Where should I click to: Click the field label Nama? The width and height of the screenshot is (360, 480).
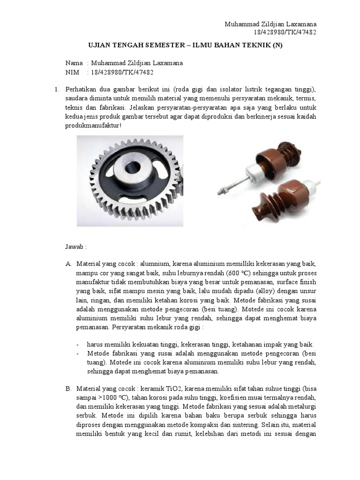pyautogui.click(x=74, y=63)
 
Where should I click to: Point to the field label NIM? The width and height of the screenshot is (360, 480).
pyautogui.click(x=73, y=73)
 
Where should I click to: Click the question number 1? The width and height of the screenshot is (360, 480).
pyautogui.click(x=56, y=90)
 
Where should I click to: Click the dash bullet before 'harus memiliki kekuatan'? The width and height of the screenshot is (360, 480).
pyautogui.click(x=78, y=345)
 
